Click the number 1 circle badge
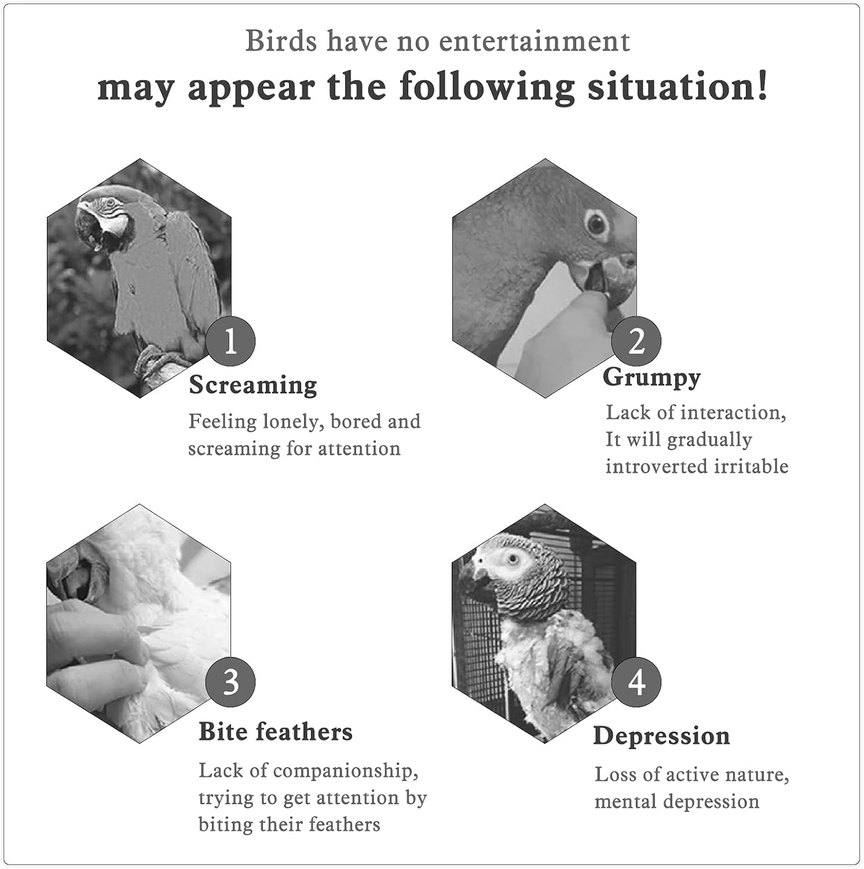(x=230, y=341)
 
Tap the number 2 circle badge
(x=636, y=341)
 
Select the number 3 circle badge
(x=230, y=682)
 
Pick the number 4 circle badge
(x=636, y=682)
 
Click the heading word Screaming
(x=253, y=385)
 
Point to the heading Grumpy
(x=652, y=377)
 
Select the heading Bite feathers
(x=276, y=731)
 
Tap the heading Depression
(x=662, y=736)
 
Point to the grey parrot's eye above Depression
(x=512, y=560)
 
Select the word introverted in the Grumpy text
(x=657, y=466)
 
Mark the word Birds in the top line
(x=281, y=41)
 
